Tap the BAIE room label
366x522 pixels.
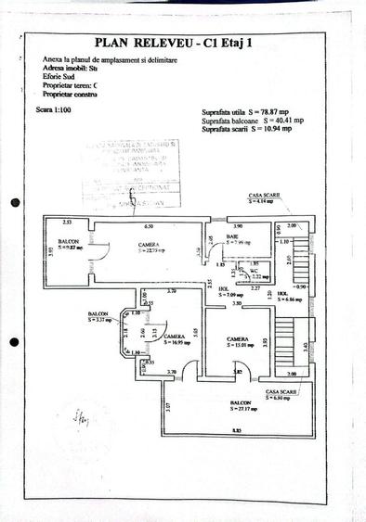236,238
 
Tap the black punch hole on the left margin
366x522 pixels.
14,202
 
